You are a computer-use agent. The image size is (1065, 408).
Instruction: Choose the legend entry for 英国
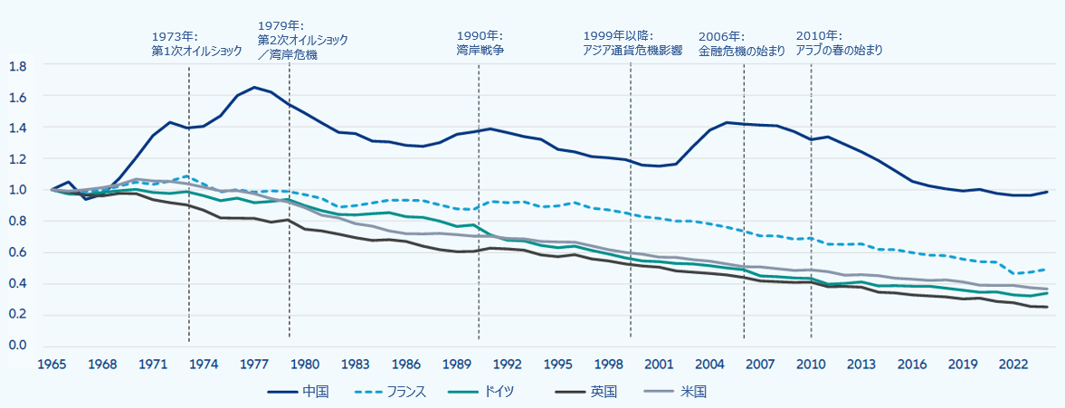[604, 392]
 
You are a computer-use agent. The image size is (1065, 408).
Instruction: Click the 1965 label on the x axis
[52, 365]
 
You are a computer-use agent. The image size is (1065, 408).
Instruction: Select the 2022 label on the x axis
[1014, 365]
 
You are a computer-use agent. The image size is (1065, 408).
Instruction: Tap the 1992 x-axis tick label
[509, 365]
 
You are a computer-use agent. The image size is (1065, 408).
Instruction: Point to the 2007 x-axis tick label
[761, 365]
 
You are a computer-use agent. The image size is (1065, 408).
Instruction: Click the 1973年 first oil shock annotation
[196, 44]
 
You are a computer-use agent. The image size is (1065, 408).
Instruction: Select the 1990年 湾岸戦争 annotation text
[480, 44]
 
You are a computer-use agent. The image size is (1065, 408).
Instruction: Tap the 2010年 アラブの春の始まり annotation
[839, 44]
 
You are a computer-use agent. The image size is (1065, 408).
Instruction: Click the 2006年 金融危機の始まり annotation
[741, 44]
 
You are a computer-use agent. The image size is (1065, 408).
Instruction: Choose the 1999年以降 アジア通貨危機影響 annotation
[632, 44]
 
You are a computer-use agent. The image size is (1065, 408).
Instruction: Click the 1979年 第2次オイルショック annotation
[302, 40]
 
